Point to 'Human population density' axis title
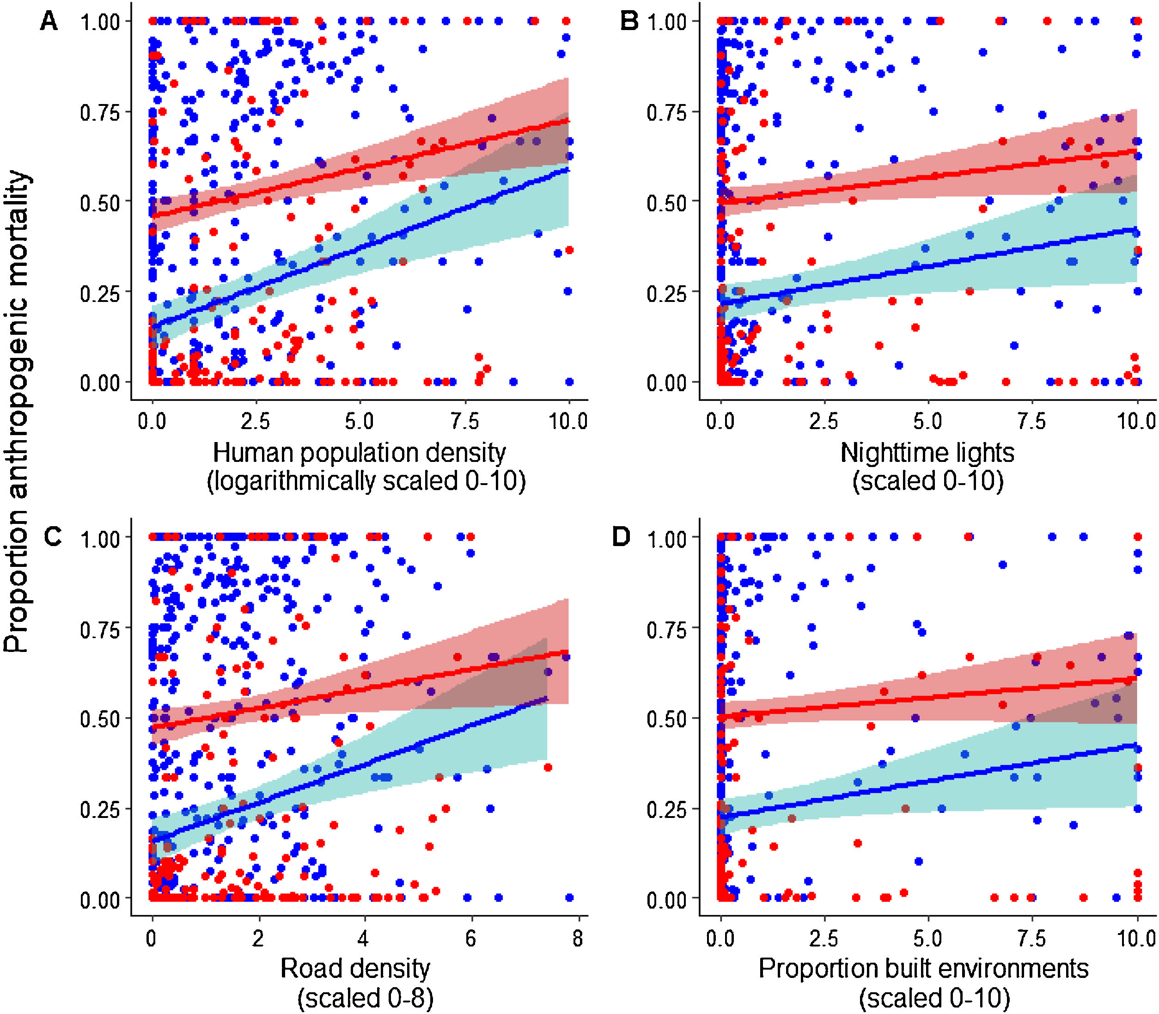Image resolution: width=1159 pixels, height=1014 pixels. (359, 453)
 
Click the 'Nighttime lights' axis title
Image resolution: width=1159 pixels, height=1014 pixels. (927, 453)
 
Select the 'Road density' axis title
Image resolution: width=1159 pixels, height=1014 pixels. (355, 968)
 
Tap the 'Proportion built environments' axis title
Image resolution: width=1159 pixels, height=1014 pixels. (923, 968)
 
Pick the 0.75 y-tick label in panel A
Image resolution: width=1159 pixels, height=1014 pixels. (100, 113)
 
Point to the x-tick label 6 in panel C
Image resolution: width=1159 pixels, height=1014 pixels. (470, 939)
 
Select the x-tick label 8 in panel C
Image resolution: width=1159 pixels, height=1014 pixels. (577, 939)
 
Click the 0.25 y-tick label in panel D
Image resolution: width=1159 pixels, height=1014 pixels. (667, 810)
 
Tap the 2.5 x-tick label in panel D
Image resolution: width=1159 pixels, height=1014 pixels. (823, 939)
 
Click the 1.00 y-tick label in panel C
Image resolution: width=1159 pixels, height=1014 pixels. (100, 538)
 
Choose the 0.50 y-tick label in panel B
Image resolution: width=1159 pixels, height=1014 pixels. (667, 203)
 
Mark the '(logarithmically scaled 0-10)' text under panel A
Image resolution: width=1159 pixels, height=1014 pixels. (366, 481)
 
